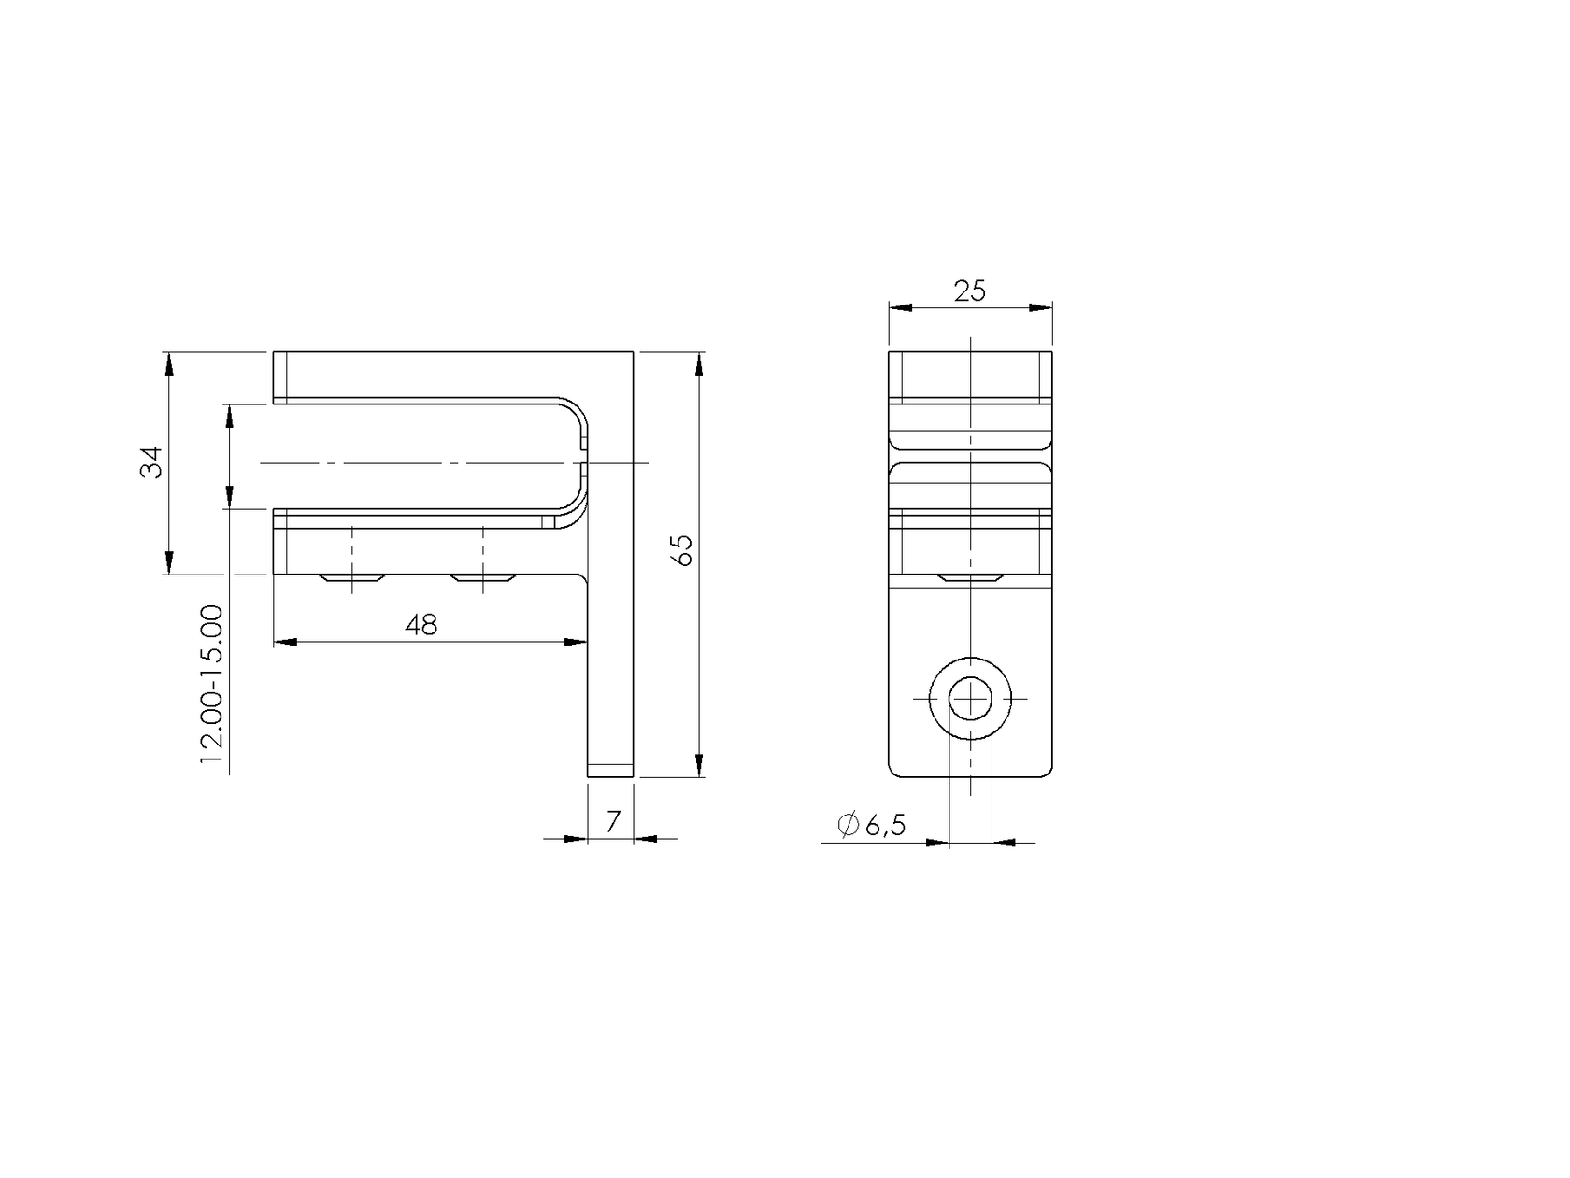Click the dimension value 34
(x=151, y=462)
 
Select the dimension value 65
(x=683, y=549)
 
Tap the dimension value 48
(x=421, y=625)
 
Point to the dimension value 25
(x=970, y=291)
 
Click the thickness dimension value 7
(x=613, y=821)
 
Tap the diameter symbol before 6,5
(x=848, y=825)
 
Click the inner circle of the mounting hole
(x=971, y=698)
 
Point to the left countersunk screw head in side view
(x=351, y=579)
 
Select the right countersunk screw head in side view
(x=482, y=579)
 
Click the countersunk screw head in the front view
(x=971, y=578)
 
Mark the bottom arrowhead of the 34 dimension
(x=168, y=561)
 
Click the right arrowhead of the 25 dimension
(x=1040, y=307)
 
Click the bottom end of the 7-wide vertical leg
(x=610, y=773)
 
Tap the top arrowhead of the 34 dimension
(x=168, y=364)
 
